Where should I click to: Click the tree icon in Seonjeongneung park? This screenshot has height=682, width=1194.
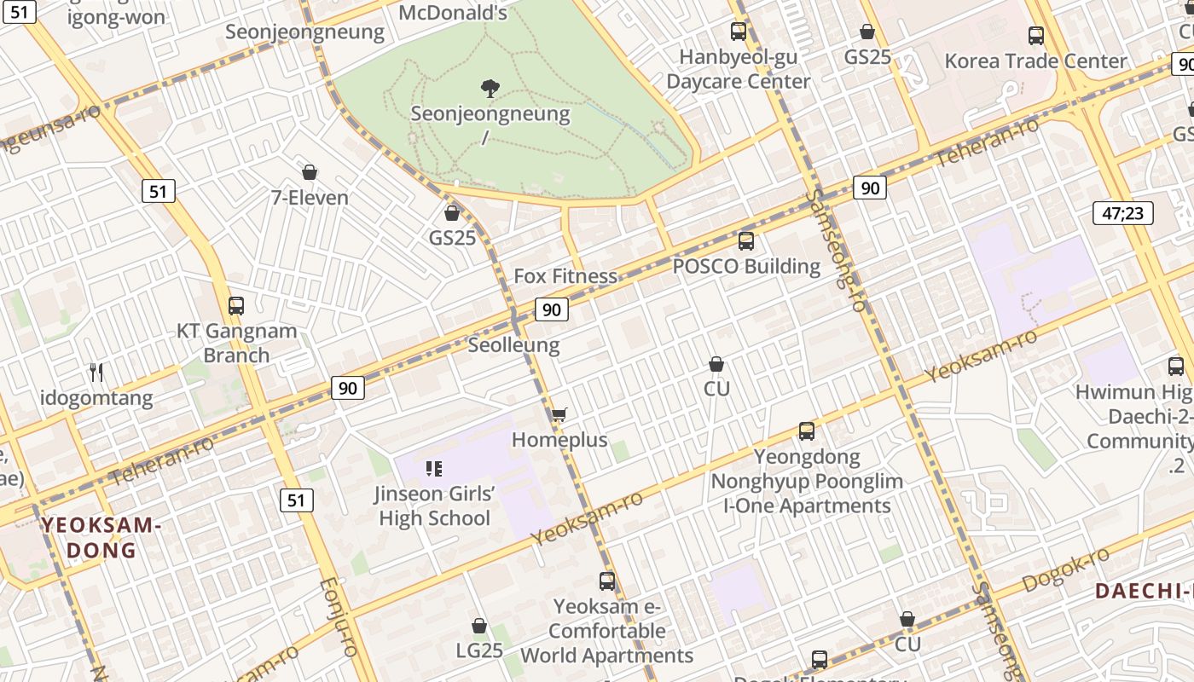[490, 87]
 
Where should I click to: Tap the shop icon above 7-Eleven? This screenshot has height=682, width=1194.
[309, 172]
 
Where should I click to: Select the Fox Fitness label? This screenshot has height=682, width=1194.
[565, 276]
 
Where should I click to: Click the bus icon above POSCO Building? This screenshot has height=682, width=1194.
[746, 241]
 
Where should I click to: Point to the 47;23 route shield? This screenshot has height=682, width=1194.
[1122, 212]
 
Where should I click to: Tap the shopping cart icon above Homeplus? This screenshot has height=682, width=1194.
[559, 415]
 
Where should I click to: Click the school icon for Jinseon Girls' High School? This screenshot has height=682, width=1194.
[433, 468]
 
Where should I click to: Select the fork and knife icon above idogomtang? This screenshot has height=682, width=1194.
[96, 373]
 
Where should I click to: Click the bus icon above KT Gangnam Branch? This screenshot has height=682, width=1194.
[236, 306]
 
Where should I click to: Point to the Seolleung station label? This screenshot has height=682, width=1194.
[513, 345]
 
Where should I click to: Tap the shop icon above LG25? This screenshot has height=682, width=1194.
[479, 626]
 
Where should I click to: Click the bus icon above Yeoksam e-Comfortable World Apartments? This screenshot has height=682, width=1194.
[607, 581]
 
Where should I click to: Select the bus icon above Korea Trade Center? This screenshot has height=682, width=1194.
[1036, 36]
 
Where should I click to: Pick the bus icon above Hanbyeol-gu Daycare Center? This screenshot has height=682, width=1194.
[739, 32]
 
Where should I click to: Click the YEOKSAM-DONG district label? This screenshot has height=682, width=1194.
[101, 537]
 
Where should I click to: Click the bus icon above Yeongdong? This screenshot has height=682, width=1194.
[807, 431]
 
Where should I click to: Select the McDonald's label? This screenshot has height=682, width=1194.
[453, 12]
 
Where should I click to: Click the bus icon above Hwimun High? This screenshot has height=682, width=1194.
[1176, 367]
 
